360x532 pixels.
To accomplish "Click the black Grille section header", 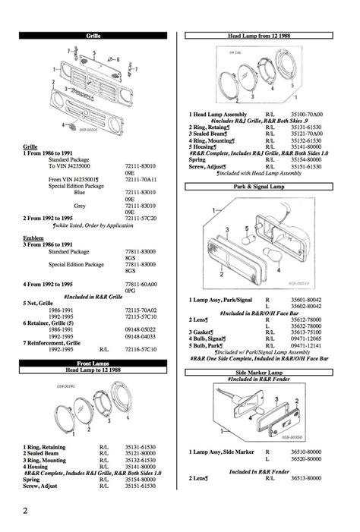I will click(x=93, y=35).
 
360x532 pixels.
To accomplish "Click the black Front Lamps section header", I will click(x=93, y=364).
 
